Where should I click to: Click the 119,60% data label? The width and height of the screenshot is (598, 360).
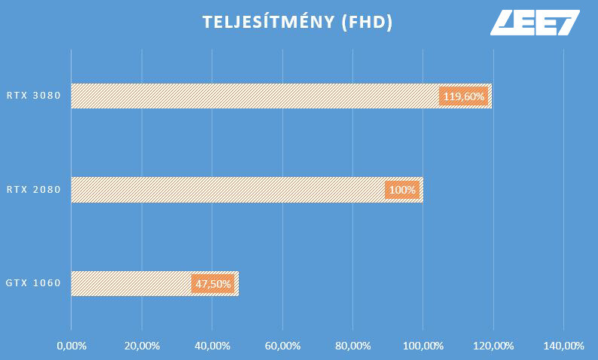tap(464, 96)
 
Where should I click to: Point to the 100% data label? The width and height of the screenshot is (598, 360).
tap(403, 190)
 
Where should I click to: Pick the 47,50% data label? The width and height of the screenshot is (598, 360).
tap(212, 284)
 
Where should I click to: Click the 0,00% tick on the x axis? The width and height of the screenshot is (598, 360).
tap(72, 346)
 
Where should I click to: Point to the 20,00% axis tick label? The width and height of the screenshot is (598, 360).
tap(142, 346)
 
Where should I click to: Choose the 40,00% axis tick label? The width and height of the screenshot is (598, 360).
tap(212, 346)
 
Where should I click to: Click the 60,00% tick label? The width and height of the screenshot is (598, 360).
tap(282, 346)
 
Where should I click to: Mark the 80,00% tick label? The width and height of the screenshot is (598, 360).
tap(352, 346)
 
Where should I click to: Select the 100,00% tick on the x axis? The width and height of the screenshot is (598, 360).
tap(423, 346)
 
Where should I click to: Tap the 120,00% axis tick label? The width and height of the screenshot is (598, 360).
tap(493, 346)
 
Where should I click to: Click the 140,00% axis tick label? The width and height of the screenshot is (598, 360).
tap(563, 346)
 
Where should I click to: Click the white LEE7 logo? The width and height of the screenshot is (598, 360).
tap(535, 22)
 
